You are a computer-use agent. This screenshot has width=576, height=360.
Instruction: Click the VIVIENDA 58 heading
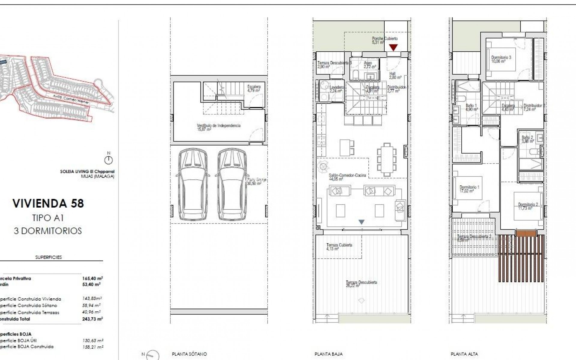point(48,203)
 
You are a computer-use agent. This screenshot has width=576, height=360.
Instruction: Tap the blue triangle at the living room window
point(361,222)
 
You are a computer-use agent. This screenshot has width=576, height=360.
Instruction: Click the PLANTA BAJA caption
point(328,354)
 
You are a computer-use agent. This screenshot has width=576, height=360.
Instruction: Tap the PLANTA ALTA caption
point(464,354)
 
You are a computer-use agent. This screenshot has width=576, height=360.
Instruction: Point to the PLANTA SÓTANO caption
point(189,354)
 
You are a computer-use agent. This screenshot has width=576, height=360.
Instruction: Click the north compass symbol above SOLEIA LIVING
point(108,160)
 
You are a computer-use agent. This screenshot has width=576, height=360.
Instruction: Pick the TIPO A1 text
point(48,218)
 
